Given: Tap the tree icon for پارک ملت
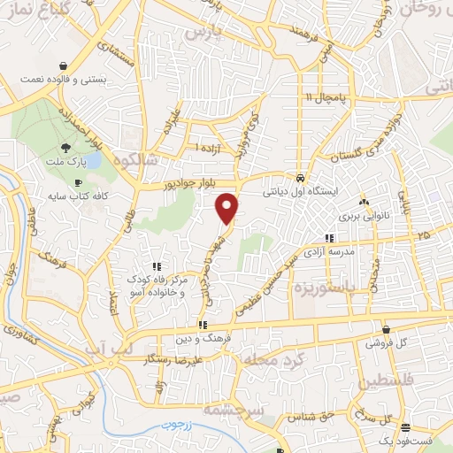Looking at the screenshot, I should click(65, 147).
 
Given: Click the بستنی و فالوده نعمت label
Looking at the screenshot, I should click(64, 80).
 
